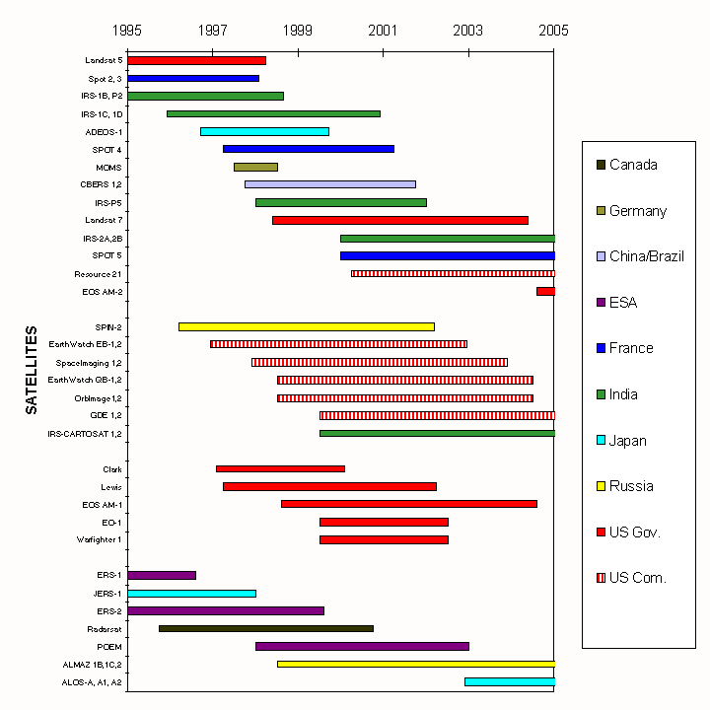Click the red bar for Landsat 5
pos(196,61)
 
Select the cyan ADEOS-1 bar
pos(264,131)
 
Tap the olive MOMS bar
pos(255,167)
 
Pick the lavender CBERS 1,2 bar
pos(330,184)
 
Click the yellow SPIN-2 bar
pos(306,326)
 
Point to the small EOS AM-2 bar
pos(545,291)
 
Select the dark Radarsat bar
pos(265,628)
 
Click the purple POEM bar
pos(362,646)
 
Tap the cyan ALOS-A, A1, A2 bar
pos(510,681)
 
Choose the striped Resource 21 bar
pos(453,273)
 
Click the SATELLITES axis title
pos(31,370)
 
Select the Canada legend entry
pos(633,165)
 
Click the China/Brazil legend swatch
pos(601,256)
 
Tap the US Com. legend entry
pos(637,578)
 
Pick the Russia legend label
pos(631,486)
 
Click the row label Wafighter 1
pos(100,539)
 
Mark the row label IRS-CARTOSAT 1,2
pos(85,433)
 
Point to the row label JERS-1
pos(106,594)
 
